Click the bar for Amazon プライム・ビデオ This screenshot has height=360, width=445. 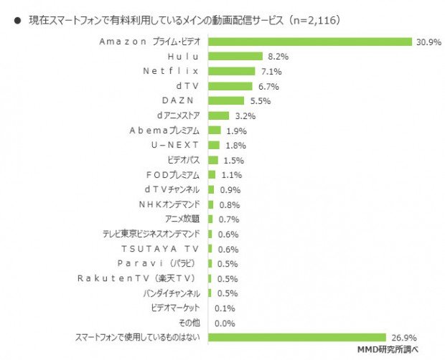[x=310, y=41]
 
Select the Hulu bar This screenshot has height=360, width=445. [x=235, y=56]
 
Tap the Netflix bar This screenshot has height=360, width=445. [x=231, y=71]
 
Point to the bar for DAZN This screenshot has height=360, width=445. [x=226, y=100]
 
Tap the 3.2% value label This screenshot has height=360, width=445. [x=245, y=115]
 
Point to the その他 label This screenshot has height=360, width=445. [x=189, y=323]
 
